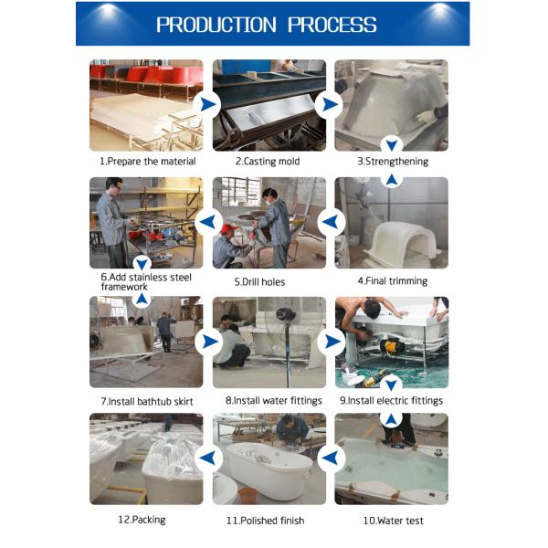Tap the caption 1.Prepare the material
click(x=147, y=162)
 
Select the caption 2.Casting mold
click(x=268, y=162)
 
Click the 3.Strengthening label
click(x=392, y=162)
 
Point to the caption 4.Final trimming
click(x=392, y=281)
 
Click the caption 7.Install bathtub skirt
click(x=147, y=401)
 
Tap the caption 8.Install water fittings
click(x=269, y=401)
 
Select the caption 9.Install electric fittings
click(x=391, y=401)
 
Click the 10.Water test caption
click(x=393, y=521)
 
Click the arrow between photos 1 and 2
click(x=208, y=104)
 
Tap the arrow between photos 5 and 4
click(x=331, y=221)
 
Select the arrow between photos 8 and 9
click(x=332, y=342)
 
